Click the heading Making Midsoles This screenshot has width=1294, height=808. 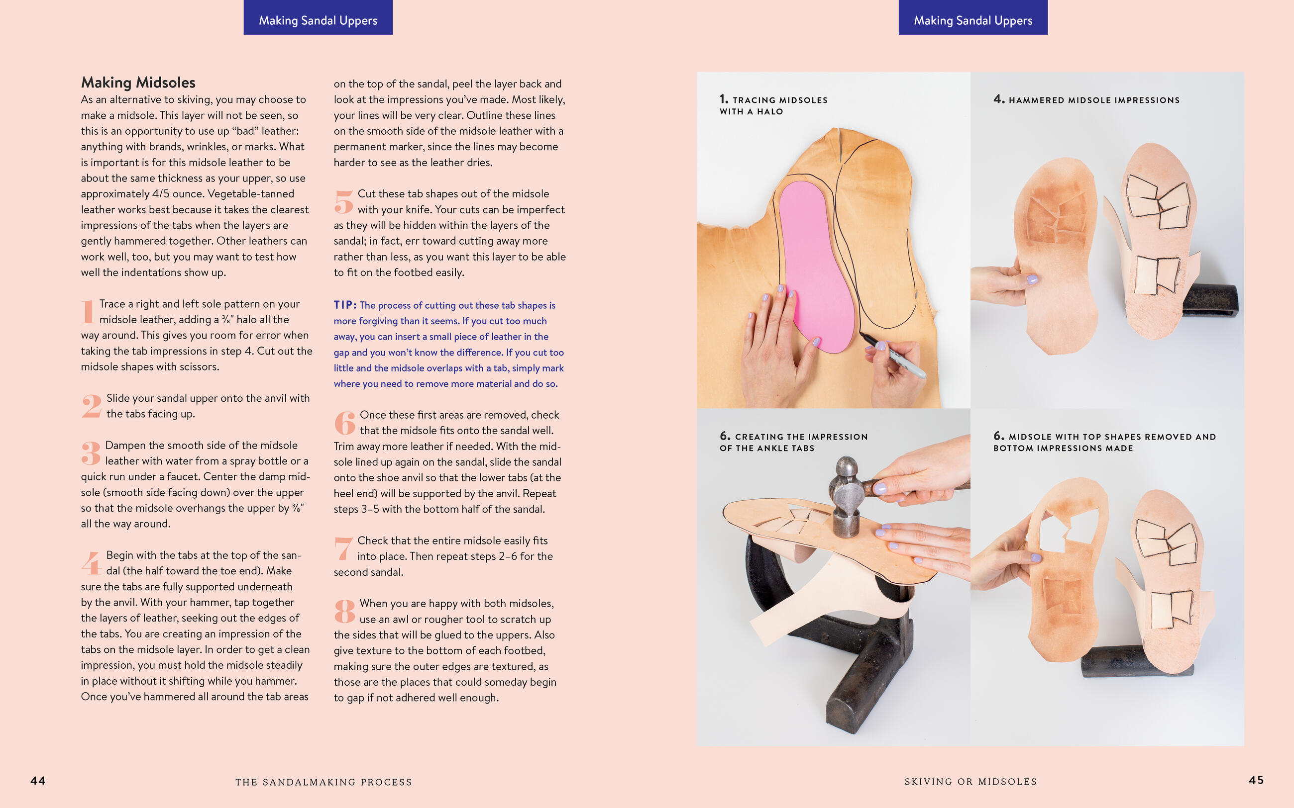[x=138, y=83]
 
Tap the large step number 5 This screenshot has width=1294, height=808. [x=344, y=202]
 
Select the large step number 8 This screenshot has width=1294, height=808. [x=345, y=611]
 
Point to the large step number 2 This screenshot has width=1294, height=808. [x=92, y=406]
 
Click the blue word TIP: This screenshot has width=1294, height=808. [x=345, y=305]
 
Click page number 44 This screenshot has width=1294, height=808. [x=38, y=781]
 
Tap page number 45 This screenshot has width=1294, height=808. [x=1256, y=780]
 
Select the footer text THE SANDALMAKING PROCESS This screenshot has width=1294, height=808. [x=323, y=782]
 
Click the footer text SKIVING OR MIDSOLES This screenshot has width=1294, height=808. [x=970, y=781]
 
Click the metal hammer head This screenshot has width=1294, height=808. [x=846, y=497]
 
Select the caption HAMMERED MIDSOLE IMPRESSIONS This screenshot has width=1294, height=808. [x=1086, y=100]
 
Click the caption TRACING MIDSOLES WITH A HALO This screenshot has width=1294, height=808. [x=773, y=105]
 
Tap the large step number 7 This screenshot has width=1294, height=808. [x=343, y=548]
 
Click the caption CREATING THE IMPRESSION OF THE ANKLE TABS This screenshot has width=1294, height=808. [x=793, y=442]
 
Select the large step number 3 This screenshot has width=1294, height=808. [x=91, y=452]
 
